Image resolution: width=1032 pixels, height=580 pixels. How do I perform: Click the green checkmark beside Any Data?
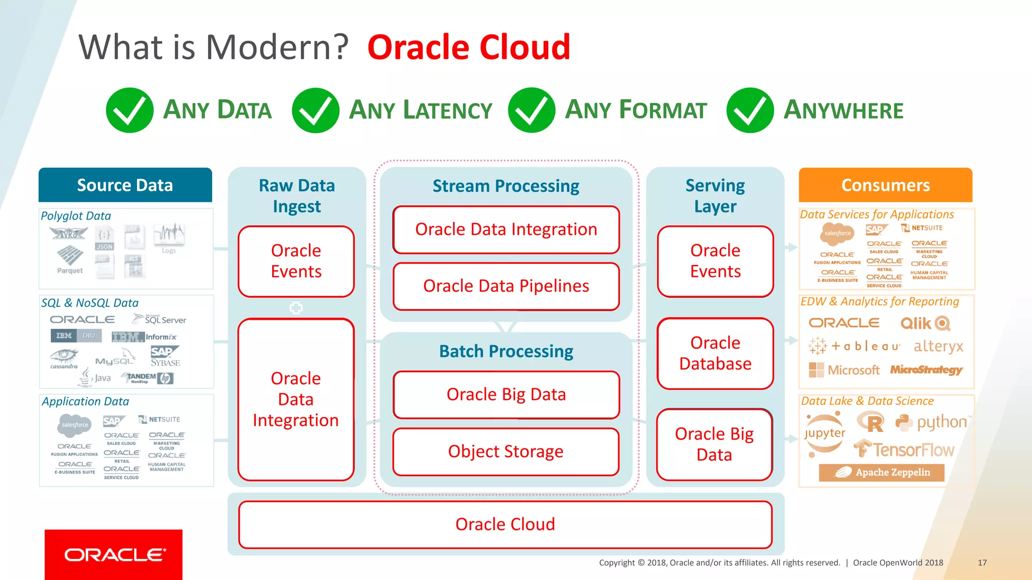(x=130, y=110)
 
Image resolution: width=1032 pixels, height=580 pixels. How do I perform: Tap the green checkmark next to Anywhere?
(x=750, y=110)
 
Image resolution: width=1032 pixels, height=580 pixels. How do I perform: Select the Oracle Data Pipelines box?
(x=506, y=286)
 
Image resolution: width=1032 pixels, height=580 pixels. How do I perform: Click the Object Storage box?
(x=506, y=452)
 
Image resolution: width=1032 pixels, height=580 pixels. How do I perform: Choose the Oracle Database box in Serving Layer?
(x=715, y=353)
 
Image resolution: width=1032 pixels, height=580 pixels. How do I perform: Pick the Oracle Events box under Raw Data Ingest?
(x=296, y=261)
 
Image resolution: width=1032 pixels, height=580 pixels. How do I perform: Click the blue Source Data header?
(x=125, y=185)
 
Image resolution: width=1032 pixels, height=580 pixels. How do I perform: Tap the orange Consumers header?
(x=885, y=185)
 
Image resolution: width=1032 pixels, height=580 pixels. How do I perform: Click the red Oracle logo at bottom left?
(x=114, y=554)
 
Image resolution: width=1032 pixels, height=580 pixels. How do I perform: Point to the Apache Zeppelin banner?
(x=882, y=472)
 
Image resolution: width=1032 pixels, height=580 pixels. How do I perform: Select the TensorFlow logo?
(x=905, y=449)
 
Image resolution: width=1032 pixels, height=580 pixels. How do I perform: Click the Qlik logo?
(x=925, y=323)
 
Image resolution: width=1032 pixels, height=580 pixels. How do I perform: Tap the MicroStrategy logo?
(x=926, y=370)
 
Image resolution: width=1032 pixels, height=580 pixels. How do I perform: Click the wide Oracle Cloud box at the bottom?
(x=505, y=525)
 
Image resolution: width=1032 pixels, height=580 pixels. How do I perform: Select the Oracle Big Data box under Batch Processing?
(x=506, y=395)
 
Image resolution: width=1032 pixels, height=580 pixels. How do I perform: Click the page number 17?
(x=982, y=563)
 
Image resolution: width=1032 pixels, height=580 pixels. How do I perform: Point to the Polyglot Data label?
(x=76, y=216)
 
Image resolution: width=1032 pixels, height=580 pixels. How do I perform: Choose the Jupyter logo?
(x=825, y=433)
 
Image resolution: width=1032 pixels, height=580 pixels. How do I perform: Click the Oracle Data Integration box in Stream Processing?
(x=506, y=230)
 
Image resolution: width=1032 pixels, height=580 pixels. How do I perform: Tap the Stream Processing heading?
(x=506, y=186)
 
